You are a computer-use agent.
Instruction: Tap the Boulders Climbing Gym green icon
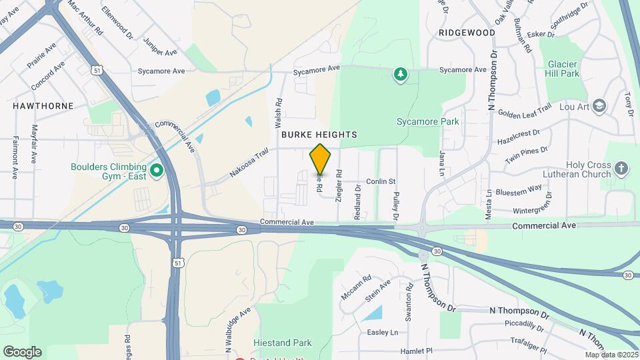click(157, 171)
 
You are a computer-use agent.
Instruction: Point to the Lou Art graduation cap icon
click(600, 106)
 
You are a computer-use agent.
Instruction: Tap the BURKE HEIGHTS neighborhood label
click(319, 135)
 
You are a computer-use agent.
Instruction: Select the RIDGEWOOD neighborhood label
click(467, 33)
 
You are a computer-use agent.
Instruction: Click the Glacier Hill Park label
click(563, 69)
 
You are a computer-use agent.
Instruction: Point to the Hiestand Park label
click(283, 343)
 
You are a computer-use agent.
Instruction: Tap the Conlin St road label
click(381, 181)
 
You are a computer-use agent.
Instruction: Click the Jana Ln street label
click(441, 163)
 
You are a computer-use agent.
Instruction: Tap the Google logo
click(22, 351)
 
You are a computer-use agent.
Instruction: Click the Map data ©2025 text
click(611, 355)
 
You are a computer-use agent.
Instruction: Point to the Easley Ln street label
click(382, 332)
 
